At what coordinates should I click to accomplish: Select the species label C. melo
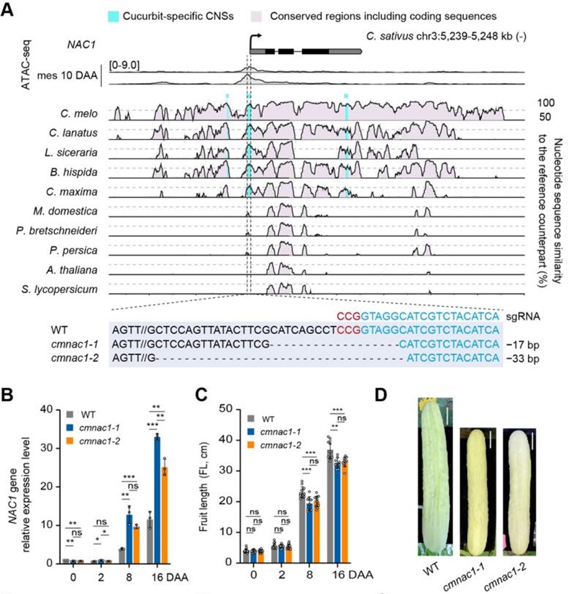(79, 114)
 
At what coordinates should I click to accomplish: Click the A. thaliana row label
(72, 270)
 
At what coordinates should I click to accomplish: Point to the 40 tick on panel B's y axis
(46, 410)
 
